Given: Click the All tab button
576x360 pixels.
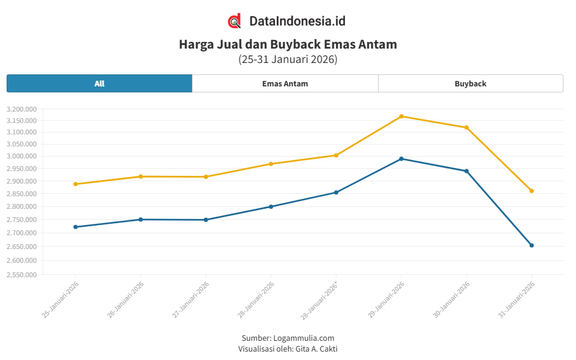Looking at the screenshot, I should click(x=100, y=83).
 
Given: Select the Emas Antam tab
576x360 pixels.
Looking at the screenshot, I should click(x=285, y=83).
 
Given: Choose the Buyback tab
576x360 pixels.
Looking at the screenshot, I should click(x=470, y=83).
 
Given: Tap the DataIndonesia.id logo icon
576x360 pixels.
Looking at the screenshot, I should click(x=235, y=21).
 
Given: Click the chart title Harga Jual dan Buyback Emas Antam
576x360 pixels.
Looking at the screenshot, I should click(x=288, y=44).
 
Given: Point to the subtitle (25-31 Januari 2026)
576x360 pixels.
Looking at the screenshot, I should click(x=288, y=59).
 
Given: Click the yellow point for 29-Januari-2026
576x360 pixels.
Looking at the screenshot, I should click(x=401, y=116).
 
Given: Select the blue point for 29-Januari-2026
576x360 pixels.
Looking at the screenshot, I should click(x=401, y=159).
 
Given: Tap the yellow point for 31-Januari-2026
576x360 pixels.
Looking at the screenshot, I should click(x=532, y=191).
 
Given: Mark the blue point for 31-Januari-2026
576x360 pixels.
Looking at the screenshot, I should click(x=532, y=245).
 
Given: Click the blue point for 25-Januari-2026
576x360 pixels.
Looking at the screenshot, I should click(x=76, y=227).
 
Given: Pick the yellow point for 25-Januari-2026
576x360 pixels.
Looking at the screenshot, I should click(x=76, y=184).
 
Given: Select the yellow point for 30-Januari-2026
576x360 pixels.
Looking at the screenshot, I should click(x=466, y=127).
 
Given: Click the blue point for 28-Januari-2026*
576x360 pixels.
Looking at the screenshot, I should click(x=336, y=193).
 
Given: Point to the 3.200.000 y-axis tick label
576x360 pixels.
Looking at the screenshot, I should click(x=22, y=109).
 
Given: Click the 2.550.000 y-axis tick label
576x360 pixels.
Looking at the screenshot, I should click(x=22, y=275).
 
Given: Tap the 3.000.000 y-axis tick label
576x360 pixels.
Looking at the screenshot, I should click(x=22, y=156).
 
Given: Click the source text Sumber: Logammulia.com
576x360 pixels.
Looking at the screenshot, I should click(x=288, y=338).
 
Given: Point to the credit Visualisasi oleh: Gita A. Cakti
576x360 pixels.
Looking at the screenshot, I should click(x=288, y=348).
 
